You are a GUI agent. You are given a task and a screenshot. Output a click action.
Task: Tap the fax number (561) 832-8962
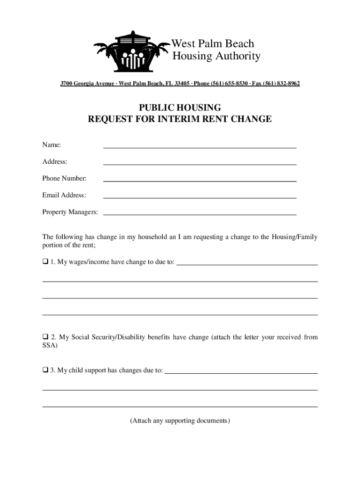[282, 84]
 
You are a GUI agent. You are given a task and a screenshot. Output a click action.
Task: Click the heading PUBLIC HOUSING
[180, 108]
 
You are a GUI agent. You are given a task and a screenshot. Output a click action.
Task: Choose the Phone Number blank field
[200, 179]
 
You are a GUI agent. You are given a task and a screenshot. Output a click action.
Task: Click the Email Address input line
[200, 196]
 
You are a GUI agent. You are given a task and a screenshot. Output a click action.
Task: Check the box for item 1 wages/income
[45, 262]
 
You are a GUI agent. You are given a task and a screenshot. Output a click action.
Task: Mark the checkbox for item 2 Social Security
[45, 337]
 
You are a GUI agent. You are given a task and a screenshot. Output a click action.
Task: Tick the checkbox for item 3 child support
[45, 370]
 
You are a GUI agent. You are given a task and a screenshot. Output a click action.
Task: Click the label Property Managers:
[70, 212]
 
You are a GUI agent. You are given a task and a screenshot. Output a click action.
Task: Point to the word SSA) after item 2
[50, 346]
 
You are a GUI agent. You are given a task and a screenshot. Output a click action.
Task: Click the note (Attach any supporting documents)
[180, 421]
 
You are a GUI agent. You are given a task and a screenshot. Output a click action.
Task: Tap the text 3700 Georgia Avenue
[88, 84]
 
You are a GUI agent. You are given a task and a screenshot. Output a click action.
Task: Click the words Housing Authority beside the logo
[216, 57]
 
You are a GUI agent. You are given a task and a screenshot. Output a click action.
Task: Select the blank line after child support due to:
[241, 371]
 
